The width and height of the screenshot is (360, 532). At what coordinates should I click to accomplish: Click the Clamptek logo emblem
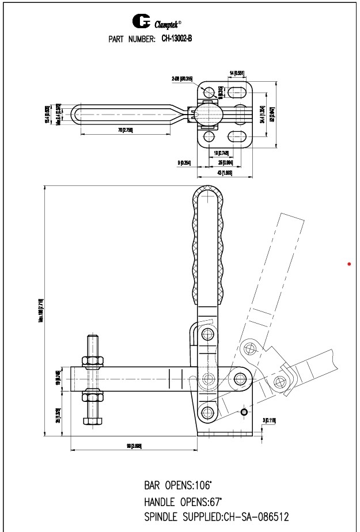click(141, 22)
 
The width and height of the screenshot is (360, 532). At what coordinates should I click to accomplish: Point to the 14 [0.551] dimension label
click(237, 73)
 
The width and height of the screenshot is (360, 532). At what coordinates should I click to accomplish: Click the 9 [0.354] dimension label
click(185, 163)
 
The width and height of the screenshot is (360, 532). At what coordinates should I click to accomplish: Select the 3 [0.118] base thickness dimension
click(268, 420)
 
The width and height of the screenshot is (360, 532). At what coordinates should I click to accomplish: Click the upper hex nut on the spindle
click(92, 361)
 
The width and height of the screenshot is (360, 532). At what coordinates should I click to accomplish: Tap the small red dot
click(349, 264)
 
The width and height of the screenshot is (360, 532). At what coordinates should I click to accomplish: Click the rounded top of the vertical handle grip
click(206, 193)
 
